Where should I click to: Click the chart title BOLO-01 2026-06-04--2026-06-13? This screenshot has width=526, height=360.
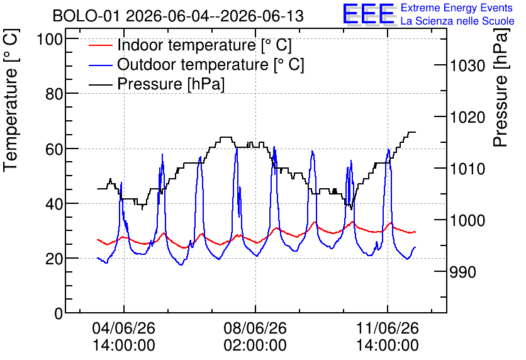click(x=178, y=16)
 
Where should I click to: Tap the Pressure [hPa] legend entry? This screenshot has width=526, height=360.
click(x=171, y=84)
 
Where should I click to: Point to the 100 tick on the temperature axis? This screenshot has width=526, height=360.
click(x=50, y=39)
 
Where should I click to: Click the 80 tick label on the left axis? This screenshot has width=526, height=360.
click(x=54, y=94)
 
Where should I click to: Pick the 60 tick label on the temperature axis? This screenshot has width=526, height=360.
click(x=54, y=149)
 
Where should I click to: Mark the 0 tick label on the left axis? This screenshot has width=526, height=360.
click(x=59, y=313)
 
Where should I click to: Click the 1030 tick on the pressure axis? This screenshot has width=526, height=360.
click(x=467, y=65)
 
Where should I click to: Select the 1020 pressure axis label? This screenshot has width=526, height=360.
click(x=467, y=117)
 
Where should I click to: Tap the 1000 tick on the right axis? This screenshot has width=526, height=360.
click(x=467, y=220)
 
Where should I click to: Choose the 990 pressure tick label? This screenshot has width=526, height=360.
click(x=462, y=272)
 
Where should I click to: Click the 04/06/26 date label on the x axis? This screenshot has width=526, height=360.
click(x=124, y=328)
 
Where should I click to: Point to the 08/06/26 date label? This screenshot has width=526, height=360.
click(x=255, y=328)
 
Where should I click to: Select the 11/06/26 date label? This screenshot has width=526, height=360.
click(x=388, y=328)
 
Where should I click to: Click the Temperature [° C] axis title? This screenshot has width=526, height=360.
click(x=11, y=100)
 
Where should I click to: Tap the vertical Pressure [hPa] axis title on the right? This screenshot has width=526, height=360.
click(x=501, y=87)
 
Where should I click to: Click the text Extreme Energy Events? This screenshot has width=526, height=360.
click(x=457, y=8)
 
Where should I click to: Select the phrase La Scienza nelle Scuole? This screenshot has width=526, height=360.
click(x=457, y=21)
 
